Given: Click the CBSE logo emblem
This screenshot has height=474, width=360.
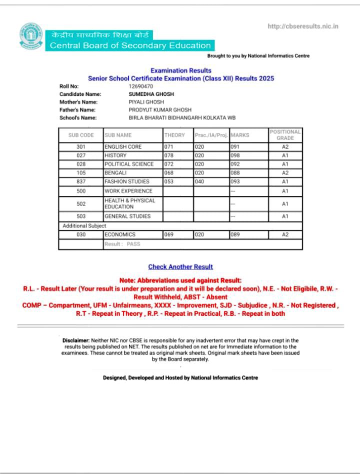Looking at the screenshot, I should [x=31, y=36].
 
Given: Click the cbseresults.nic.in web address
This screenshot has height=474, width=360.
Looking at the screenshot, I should [x=303, y=26].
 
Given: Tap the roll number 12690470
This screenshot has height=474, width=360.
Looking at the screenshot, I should [x=141, y=86].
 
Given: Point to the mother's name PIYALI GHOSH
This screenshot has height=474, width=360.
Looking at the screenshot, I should [x=146, y=101].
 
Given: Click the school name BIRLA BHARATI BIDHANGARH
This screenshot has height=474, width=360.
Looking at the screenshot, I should [x=182, y=117].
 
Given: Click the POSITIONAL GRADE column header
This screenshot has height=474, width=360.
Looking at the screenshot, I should [x=285, y=135].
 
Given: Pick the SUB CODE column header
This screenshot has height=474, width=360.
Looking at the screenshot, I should [x=81, y=135].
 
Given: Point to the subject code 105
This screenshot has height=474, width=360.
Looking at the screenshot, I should [x=81, y=173].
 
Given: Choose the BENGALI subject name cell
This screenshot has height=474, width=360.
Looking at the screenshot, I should [x=115, y=173].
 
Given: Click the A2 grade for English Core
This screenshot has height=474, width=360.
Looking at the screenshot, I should [x=285, y=147].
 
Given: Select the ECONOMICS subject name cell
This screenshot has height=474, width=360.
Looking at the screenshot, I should [x=120, y=234].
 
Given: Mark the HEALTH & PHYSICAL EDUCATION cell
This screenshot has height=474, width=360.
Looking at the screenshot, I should [x=130, y=203].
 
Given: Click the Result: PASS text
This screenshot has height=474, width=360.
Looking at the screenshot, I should [x=122, y=244].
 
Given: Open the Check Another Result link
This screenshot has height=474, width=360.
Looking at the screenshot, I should [x=180, y=267].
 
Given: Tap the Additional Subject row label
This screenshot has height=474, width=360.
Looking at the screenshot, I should [x=84, y=226].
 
